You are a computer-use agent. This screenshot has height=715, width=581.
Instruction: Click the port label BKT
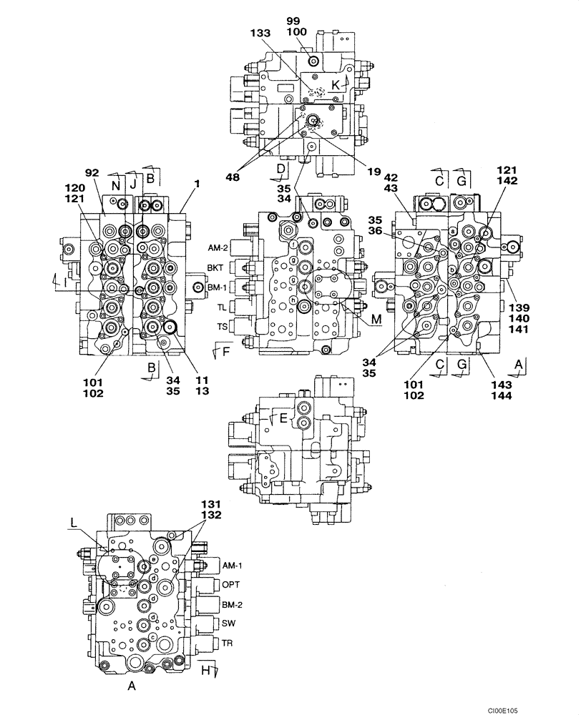click(217, 267)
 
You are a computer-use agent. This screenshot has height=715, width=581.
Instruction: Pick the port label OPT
click(230, 585)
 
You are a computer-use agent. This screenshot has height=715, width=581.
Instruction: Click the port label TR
click(228, 641)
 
